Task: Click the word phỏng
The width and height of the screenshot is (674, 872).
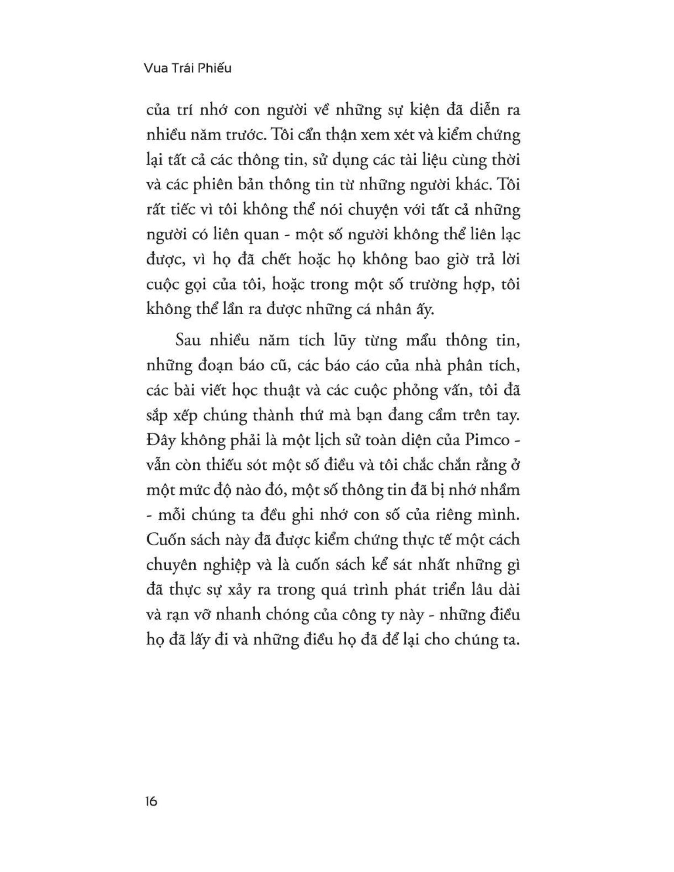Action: (417, 392)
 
